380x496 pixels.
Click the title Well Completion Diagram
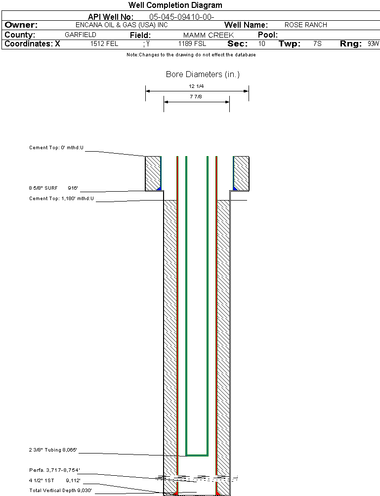pyautogui.click(x=175, y=5)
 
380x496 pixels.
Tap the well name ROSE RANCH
pyautogui.click(x=305, y=25)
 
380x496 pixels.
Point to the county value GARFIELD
pyautogui.click(x=81, y=35)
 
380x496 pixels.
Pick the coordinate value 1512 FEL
pyautogui.click(x=104, y=44)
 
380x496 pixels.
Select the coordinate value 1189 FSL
pyautogui.click(x=192, y=44)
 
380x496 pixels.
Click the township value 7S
pyautogui.click(x=317, y=44)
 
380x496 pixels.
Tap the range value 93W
pyautogui.click(x=373, y=44)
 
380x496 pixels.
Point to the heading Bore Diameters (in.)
pyautogui.click(x=203, y=75)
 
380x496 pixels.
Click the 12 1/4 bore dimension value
pyautogui.click(x=197, y=86)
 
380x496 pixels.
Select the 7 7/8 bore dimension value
pyautogui.click(x=196, y=97)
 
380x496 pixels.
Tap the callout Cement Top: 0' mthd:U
pyautogui.click(x=56, y=148)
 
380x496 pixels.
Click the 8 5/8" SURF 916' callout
pyautogui.click(x=53, y=188)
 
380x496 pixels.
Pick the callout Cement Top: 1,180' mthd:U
pyautogui.click(x=61, y=199)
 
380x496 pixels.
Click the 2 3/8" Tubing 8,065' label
pyautogui.click(x=53, y=450)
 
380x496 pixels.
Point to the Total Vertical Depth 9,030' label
pyautogui.click(x=60, y=490)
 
